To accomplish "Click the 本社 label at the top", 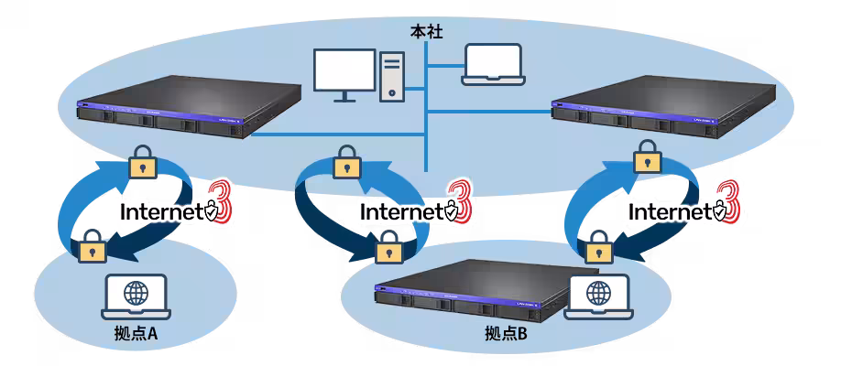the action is coord(427,32).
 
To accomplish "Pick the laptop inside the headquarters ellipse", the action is coord(494,64).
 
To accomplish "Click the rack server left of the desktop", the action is coord(189,106).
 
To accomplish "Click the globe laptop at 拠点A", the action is coord(136,296).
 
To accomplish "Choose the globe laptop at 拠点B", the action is coord(598,296).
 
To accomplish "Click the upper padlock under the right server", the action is coord(648,157).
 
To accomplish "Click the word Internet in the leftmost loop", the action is coord(161,211).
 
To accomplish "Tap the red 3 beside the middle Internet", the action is coord(459,202).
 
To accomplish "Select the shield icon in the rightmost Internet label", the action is coord(720,211).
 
